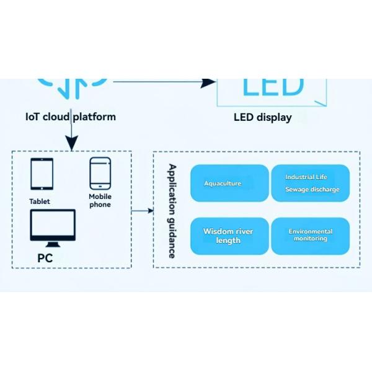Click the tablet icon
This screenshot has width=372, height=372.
42,174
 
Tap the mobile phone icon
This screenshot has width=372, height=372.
100,173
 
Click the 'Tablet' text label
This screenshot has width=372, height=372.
40,201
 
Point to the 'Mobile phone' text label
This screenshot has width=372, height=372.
100,201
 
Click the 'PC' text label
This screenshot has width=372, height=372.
45,258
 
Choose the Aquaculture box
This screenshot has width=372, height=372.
229,184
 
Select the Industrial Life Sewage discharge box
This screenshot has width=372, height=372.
311,184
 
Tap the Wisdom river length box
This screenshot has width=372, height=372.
229,236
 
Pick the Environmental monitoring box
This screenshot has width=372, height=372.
311,236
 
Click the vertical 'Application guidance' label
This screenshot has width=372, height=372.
172,211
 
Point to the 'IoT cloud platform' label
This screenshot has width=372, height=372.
71,117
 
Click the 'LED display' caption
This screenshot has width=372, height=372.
262,117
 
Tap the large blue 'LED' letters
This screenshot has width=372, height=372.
273,87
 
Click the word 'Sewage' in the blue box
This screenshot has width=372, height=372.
297,190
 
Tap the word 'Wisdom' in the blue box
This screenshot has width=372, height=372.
218,232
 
